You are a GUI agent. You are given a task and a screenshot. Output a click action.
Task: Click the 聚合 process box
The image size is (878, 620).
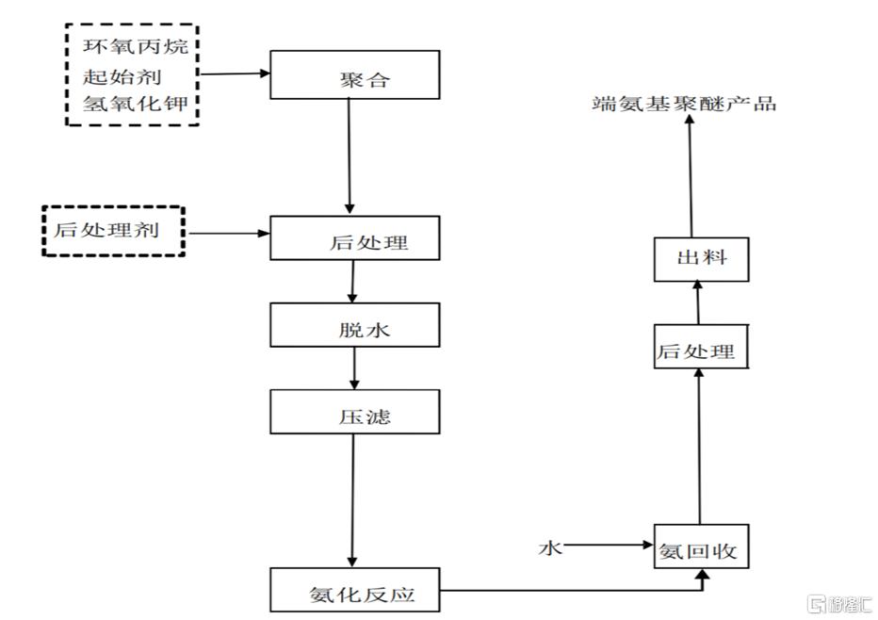(x=354, y=74)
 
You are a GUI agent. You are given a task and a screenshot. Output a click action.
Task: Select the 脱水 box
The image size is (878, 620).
(x=354, y=325)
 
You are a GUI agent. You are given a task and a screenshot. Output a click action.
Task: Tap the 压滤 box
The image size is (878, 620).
(x=354, y=412)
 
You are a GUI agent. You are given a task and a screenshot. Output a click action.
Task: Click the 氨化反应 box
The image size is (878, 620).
(x=354, y=590)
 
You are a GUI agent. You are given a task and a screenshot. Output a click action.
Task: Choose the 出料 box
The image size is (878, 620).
(x=702, y=259)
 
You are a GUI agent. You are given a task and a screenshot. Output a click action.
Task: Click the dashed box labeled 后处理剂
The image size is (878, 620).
(x=113, y=231)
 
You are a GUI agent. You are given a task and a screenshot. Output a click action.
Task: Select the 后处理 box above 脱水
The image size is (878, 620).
(x=354, y=237)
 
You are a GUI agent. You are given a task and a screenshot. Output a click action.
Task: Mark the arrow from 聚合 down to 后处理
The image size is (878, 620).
(x=350, y=156)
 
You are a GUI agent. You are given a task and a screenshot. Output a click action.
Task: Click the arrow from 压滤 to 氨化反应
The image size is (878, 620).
(x=353, y=499)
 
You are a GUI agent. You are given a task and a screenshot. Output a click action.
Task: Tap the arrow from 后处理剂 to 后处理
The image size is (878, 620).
(x=226, y=232)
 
